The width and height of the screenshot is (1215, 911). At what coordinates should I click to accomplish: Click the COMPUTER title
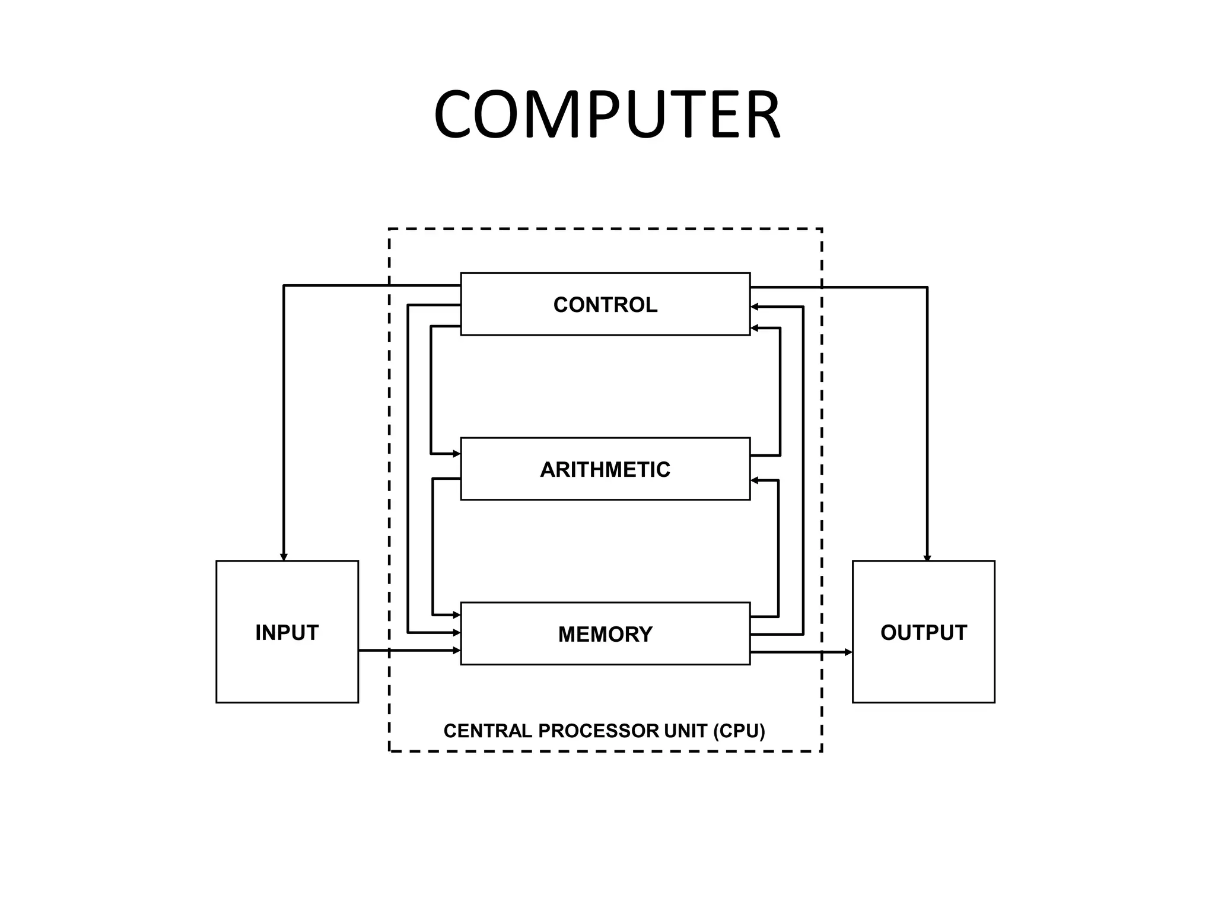point(606,114)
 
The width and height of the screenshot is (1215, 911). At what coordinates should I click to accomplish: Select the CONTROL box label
point(605,305)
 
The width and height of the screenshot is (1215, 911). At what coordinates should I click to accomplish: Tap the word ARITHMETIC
point(605,470)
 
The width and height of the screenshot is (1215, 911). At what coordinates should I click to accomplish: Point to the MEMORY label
point(605,635)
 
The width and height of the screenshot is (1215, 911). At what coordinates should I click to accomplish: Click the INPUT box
point(287,632)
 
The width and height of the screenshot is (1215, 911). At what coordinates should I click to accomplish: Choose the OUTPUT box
point(923,632)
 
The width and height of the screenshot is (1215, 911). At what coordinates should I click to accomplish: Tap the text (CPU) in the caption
point(739,731)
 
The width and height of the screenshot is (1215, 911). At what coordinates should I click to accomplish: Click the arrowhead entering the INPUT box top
point(284,557)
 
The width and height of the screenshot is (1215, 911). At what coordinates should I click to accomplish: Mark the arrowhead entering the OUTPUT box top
point(927,558)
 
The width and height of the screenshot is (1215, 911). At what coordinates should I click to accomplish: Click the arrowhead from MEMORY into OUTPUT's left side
point(848,652)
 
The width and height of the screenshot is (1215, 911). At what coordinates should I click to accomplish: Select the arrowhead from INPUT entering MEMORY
point(457,651)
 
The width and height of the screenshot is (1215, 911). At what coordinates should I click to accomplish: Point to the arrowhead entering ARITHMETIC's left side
point(457,454)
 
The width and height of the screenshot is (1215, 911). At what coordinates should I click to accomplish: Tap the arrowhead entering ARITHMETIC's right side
point(755,480)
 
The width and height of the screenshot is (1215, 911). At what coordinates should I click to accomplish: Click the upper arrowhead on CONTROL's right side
point(755,307)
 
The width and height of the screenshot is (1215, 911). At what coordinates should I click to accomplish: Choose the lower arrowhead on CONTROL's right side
point(755,328)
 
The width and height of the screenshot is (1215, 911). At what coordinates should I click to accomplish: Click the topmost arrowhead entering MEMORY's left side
point(457,615)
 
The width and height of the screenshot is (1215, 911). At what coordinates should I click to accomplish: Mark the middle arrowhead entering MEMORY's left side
point(457,633)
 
